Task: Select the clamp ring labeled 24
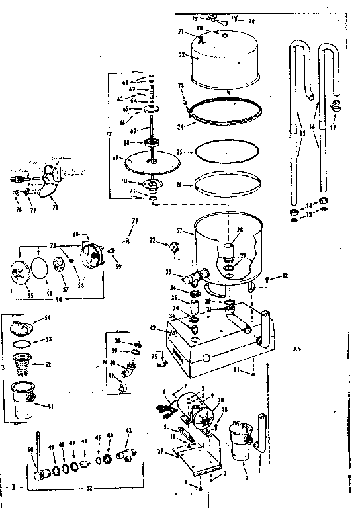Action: point(225,110)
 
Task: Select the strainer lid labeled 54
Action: point(25,325)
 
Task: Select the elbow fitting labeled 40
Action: point(130,368)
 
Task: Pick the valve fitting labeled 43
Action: point(126,455)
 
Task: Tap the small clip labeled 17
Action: point(334,106)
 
